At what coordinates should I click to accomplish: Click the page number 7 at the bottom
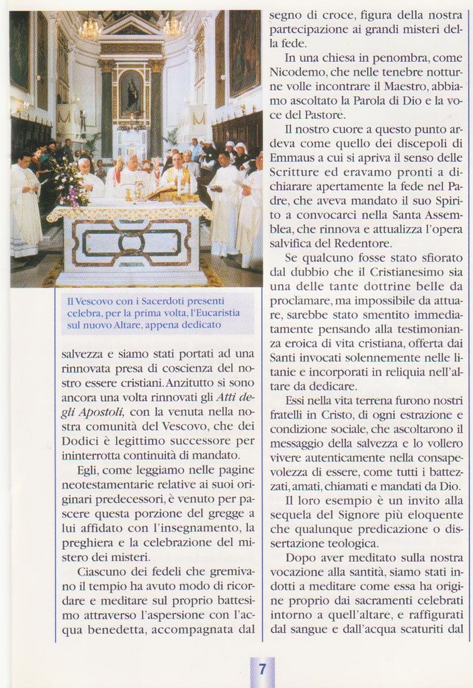(x=262, y=669)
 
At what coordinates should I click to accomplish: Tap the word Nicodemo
(x=296, y=71)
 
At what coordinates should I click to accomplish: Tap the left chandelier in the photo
(x=90, y=28)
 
